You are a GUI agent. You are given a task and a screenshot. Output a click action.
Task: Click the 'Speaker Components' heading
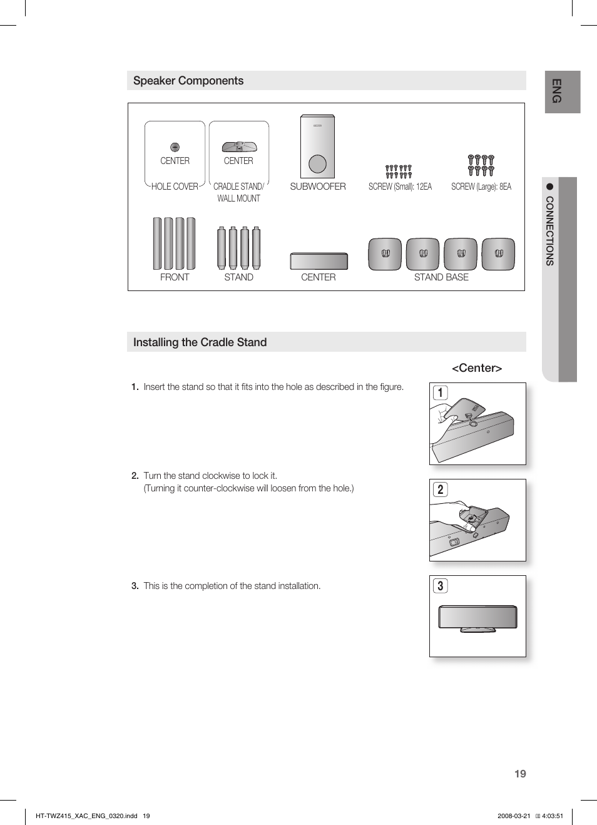point(188,81)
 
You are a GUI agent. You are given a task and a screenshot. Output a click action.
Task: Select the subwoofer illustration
point(317,146)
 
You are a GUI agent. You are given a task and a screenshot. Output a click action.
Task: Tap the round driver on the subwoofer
point(318,164)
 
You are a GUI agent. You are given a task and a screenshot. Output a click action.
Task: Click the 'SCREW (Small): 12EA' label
point(400,187)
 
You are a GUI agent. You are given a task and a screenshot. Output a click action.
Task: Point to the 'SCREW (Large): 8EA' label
point(481,187)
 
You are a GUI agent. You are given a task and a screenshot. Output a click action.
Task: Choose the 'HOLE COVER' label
point(175,187)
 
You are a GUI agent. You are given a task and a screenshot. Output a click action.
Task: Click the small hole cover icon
point(175,147)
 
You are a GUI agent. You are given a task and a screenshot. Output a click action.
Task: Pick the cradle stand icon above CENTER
point(239,147)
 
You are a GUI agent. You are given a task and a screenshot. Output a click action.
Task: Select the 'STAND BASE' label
point(441,277)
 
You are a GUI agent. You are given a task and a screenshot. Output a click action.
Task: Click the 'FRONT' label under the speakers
point(175,277)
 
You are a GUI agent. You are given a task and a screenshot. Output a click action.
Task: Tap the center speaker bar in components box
point(319,261)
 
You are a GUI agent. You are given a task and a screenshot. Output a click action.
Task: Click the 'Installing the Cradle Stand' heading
point(200,342)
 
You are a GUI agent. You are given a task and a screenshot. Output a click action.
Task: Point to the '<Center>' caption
point(477,368)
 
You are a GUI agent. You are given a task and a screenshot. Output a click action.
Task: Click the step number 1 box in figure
point(441,393)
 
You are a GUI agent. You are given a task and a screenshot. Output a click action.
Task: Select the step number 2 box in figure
point(441,489)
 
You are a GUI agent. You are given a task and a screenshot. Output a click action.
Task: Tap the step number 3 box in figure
point(441,586)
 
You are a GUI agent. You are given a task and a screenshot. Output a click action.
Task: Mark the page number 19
point(520,774)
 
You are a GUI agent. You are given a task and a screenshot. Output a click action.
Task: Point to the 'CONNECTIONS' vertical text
point(550,231)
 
